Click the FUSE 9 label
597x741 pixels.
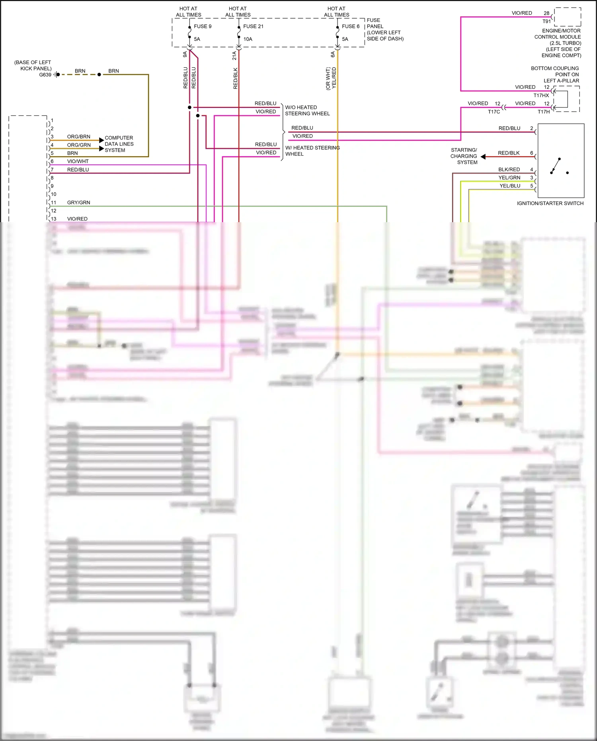pos(203,26)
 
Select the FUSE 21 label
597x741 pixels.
pos(253,26)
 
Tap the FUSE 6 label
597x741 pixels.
pos(350,26)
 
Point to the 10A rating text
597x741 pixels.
pos(248,39)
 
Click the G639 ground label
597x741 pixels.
pos(45,75)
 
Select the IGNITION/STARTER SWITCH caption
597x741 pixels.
pos(550,203)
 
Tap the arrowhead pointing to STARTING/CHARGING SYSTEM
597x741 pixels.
pos(483,156)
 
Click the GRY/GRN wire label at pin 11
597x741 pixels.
pos(78,203)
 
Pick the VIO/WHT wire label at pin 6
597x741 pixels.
pos(78,161)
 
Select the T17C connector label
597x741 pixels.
pos(494,112)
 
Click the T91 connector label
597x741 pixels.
pos(546,22)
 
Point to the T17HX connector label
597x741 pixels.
pos(541,96)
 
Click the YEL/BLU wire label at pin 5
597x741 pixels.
pos(510,186)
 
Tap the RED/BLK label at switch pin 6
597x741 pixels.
pos(509,153)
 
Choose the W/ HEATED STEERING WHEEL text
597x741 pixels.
pos(312,151)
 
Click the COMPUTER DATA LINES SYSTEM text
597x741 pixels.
pos(119,144)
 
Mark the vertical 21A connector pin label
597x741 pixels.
pos(234,55)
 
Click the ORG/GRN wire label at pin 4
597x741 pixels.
pos(78,145)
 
